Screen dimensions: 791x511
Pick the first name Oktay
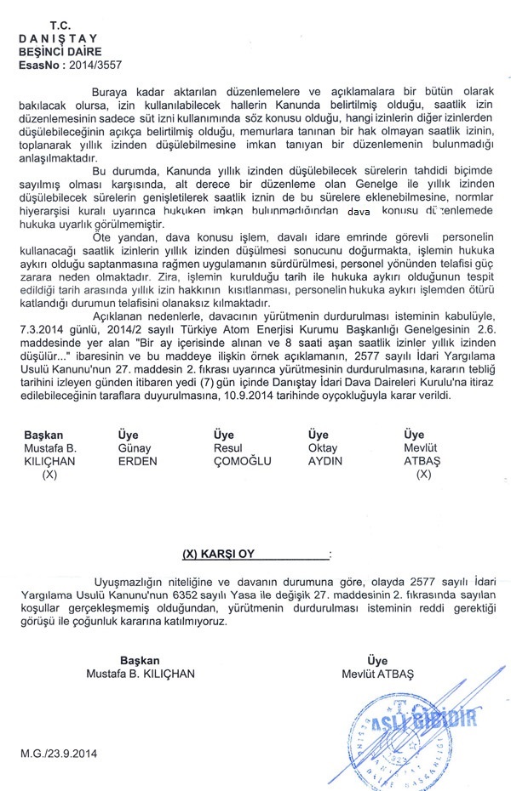coord(322,448)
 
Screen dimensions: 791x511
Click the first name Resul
coord(227,448)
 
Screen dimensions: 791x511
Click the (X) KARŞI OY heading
coord(219,554)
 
